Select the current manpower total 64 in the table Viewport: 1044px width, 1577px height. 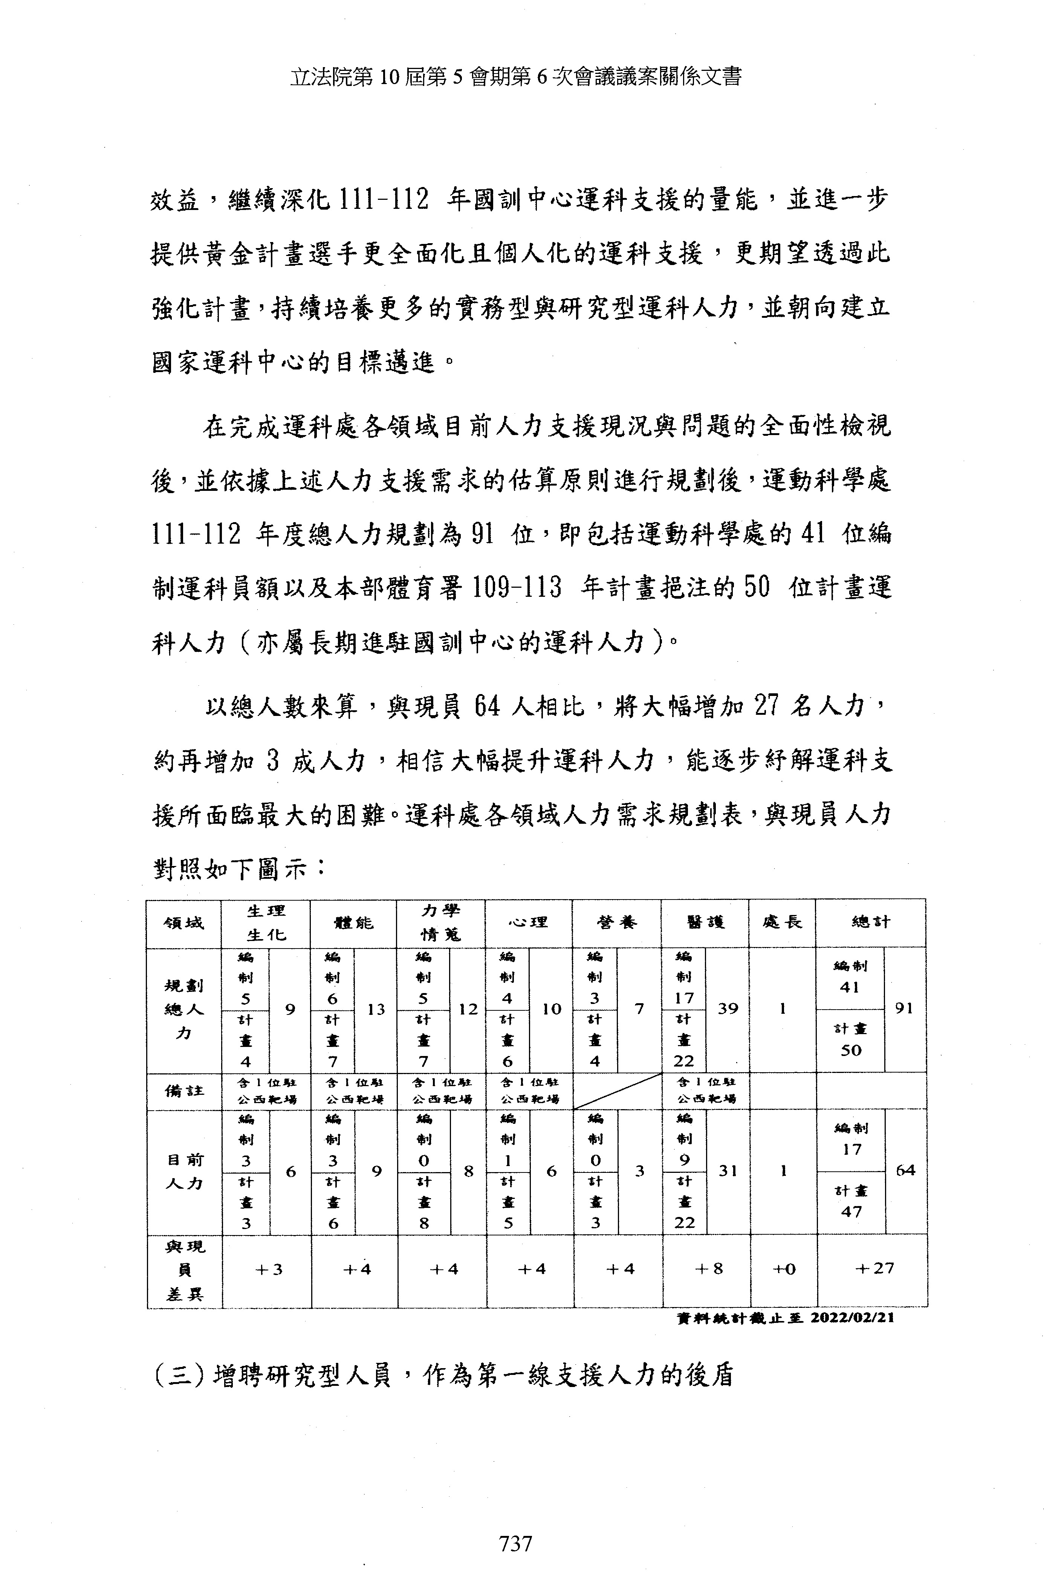pos(905,1171)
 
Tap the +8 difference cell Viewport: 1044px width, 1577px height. pos(708,1269)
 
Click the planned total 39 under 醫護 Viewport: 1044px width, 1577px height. pos(728,1009)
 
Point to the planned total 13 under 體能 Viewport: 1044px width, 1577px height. pos(376,1009)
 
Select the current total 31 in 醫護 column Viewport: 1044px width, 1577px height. pos(728,1171)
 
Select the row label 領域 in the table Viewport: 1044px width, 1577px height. pos(184,923)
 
